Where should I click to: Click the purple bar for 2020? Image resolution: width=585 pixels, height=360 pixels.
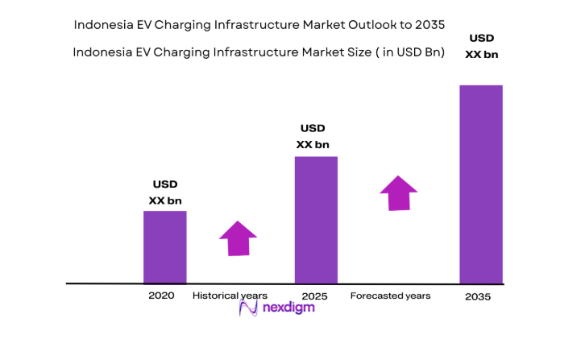click(165, 247)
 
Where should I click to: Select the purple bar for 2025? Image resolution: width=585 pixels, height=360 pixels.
click(316, 220)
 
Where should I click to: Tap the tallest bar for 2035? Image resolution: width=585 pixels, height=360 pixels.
click(481, 184)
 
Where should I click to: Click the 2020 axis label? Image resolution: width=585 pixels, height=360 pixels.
click(161, 296)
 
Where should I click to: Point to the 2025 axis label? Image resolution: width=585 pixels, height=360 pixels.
click(315, 296)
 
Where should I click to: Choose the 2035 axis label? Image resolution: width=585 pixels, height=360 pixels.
click(478, 296)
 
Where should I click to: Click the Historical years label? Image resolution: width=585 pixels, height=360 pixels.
click(230, 296)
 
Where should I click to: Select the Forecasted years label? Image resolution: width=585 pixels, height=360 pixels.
click(390, 296)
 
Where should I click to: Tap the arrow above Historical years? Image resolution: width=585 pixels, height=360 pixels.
click(238, 238)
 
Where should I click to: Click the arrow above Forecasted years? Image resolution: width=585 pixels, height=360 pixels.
click(398, 193)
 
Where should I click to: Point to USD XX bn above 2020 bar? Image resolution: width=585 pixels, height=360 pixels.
click(166, 192)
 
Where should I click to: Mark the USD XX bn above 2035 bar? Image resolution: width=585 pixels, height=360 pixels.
click(482, 47)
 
